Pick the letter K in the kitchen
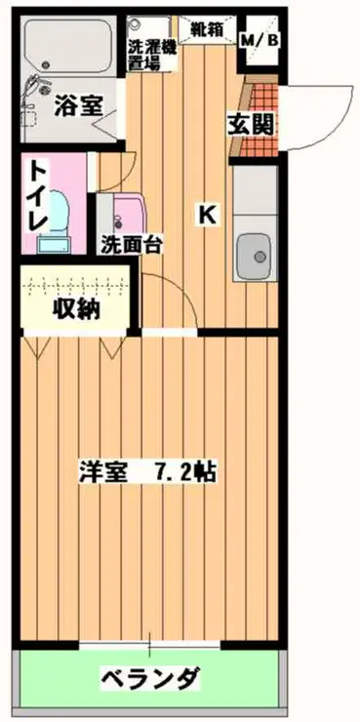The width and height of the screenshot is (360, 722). (x=207, y=214)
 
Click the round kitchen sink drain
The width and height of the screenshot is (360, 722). (x=260, y=258)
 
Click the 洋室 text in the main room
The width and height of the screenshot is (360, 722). (x=102, y=471)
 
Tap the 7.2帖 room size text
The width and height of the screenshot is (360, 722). (x=184, y=471)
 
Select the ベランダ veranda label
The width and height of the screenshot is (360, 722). (x=151, y=678)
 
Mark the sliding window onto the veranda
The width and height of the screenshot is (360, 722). (x=150, y=645)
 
